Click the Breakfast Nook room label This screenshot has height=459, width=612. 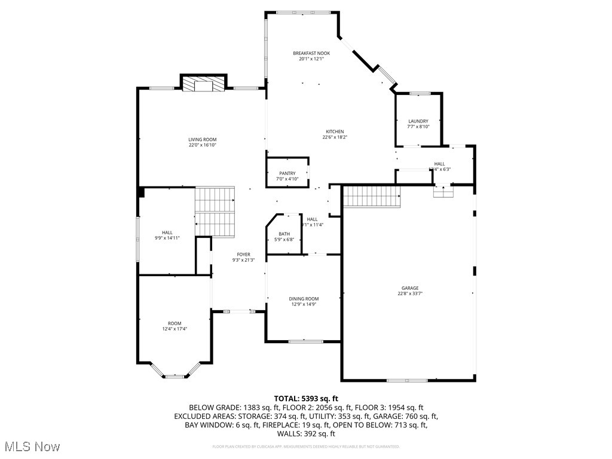click(311, 53)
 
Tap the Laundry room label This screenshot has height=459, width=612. click(418, 121)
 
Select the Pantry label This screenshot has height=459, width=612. click(287, 173)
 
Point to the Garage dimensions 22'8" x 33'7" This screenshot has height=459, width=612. click(410, 293)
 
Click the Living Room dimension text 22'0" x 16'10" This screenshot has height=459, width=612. click(202, 145)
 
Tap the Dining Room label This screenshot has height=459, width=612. click(304, 299)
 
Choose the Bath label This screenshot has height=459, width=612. click(284, 234)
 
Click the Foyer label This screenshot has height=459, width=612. click(243, 254)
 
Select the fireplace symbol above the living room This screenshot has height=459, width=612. click(204, 84)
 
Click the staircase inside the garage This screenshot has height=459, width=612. click(371, 195)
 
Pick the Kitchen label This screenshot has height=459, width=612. click(335, 131)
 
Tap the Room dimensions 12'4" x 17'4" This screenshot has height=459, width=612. click(175, 329)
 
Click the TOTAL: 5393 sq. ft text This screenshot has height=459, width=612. click(306, 398)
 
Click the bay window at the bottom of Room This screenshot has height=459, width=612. click(175, 376)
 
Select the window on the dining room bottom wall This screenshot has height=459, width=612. click(305, 341)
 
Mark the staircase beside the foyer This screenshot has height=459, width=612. click(215, 212)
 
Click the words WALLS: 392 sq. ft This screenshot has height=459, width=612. click(306, 434)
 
